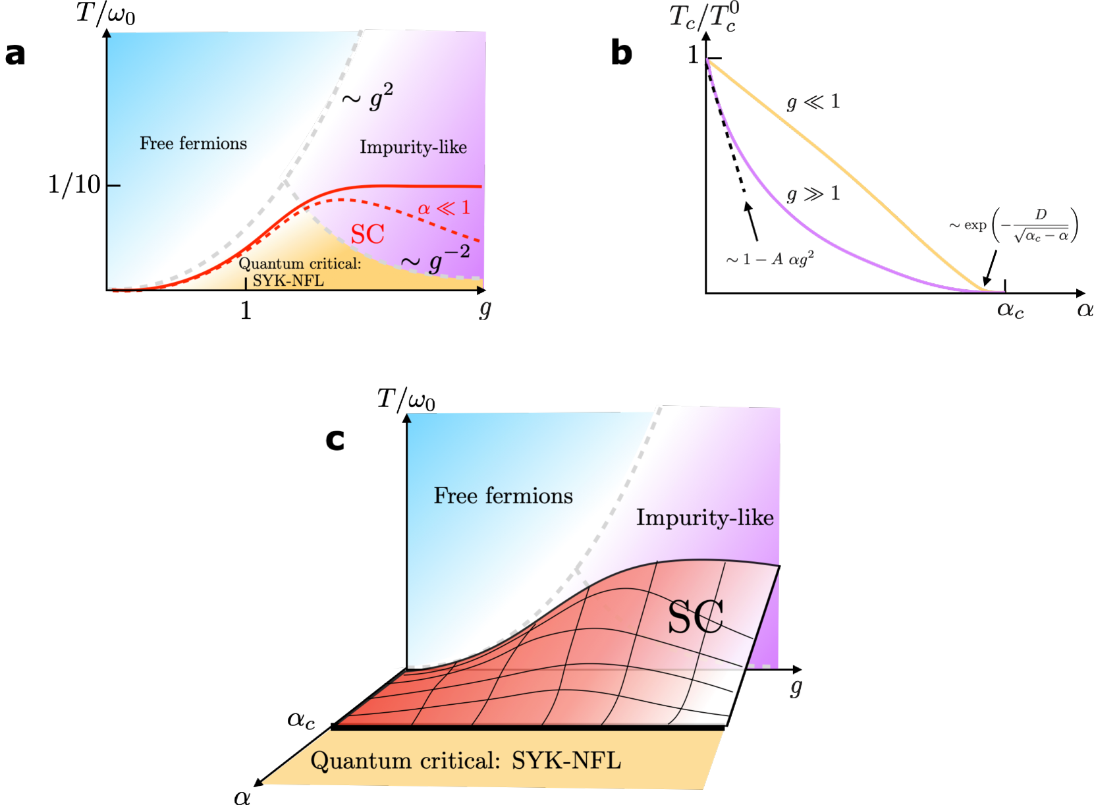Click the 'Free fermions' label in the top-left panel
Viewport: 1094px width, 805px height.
point(193,144)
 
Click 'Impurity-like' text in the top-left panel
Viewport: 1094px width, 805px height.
point(413,147)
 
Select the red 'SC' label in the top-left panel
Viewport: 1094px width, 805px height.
point(367,234)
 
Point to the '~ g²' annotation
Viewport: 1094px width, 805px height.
point(368,97)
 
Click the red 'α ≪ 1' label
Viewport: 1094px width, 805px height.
point(444,208)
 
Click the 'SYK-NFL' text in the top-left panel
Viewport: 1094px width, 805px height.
point(288,281)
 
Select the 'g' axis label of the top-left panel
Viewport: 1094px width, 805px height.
point(485,308)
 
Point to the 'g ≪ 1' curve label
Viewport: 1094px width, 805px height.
point(813,101)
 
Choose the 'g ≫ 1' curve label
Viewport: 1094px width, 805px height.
point(813,193)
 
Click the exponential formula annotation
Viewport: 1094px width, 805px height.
point(1013,225)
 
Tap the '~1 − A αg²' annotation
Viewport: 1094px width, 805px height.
point(770,259)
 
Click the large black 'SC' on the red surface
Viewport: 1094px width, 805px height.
point(696,617)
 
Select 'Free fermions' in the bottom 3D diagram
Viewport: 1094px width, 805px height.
point(503,495)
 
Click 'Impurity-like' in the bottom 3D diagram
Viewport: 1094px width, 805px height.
point(705,518)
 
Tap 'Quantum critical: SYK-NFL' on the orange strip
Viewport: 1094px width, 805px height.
point(465,761)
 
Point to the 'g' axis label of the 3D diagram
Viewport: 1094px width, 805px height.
point(796,687)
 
